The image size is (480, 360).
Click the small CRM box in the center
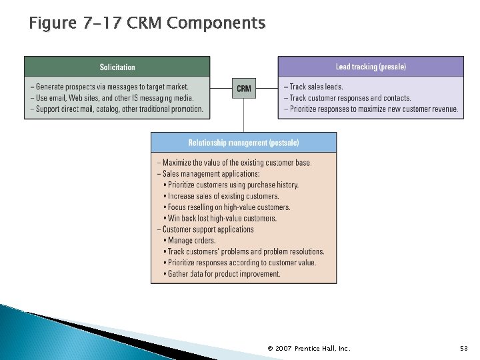(244, 88)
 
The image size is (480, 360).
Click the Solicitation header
(117, 67)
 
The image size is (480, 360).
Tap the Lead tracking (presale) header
(371, 67)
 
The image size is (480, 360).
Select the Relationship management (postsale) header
(243, 143)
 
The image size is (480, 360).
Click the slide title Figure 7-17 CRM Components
(147, 24)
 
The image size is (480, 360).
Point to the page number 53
(463, 348)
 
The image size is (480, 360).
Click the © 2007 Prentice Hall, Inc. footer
(309, 348)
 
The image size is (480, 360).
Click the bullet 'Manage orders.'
(193, 241)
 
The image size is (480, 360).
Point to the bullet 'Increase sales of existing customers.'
(223, 196)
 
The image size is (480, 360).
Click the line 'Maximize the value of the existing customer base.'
(234, 163)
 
